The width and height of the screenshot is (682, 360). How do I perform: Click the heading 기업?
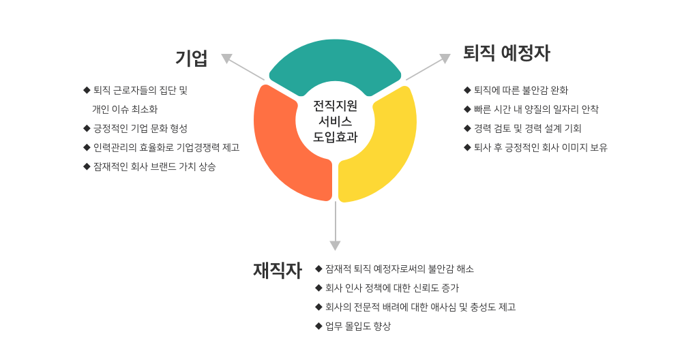tap(191, 58)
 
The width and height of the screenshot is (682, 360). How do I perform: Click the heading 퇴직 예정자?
tap(506, 53)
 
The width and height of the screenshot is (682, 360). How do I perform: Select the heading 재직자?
tap(277, 270)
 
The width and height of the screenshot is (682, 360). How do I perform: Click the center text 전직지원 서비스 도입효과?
tap(335, 121)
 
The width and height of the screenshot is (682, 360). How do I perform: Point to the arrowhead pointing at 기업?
tap(226, 58)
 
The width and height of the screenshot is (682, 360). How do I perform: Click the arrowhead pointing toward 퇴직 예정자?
tap(445, 58)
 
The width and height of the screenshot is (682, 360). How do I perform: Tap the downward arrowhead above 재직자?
tap(335, 245)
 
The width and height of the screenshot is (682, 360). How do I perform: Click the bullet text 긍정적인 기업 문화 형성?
tap(140, 128)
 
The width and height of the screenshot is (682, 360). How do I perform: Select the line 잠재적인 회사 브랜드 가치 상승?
tap(154, 166)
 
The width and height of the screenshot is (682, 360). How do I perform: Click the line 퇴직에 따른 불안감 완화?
tap(521, 90)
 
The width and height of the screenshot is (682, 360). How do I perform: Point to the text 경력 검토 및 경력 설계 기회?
tap(528, 128)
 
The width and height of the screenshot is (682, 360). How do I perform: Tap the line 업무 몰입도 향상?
tap(358, 326)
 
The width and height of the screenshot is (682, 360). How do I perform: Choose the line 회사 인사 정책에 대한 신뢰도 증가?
tap(392, 288)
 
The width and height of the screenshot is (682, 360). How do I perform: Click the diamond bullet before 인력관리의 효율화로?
tap(87, 147)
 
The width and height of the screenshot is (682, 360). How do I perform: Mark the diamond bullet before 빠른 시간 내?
tap(468, 109)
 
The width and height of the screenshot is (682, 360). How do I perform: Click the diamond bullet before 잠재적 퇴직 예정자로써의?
tap(318, 269)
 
